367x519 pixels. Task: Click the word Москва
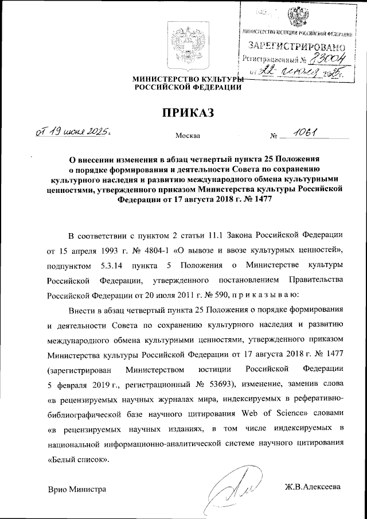(x=188, y=136)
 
